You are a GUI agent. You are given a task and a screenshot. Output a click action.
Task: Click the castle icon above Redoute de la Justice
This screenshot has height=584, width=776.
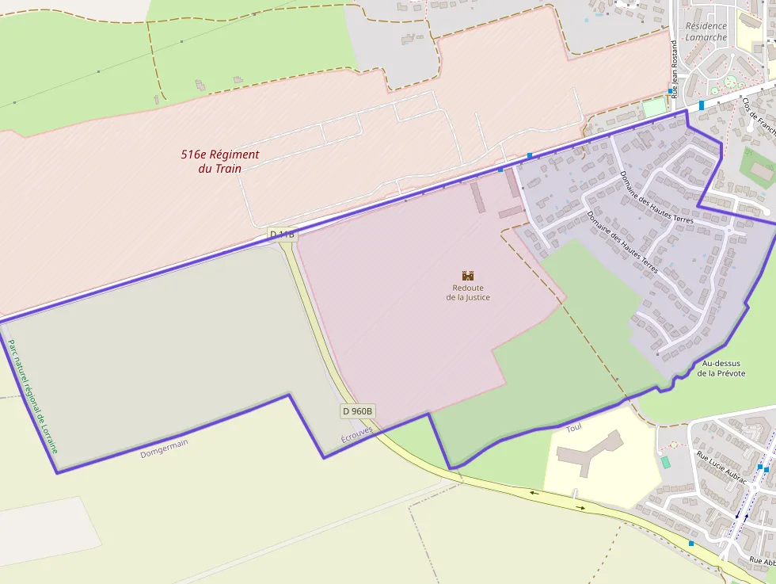point(468,275)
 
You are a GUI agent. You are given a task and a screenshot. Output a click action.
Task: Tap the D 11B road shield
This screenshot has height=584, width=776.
point(283,235)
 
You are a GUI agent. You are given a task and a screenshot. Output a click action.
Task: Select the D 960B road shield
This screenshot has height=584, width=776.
point(358,411)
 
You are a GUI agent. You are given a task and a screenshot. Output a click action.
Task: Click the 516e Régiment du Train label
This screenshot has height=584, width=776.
point(220,161)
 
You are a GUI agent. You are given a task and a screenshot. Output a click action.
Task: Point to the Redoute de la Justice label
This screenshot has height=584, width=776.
point(468,292)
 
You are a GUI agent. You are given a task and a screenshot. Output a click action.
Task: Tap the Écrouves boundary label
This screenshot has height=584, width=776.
point(356,435)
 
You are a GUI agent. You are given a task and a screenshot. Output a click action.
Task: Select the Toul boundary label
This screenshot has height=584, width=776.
point(574,428)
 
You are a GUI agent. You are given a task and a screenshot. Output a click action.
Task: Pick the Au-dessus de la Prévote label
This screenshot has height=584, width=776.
point(721,368)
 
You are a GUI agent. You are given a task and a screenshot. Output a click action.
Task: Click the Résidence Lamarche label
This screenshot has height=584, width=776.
point(706,32)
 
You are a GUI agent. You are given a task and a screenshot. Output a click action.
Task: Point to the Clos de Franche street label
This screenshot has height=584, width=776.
point(759,116)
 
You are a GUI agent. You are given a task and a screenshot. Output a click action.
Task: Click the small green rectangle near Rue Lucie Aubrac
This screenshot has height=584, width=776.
point(665,461)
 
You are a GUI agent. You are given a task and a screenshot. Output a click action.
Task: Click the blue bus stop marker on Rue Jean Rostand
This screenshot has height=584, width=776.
point(670,91)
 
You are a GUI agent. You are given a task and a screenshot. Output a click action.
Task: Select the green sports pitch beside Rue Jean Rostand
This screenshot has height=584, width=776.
point(654,106)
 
